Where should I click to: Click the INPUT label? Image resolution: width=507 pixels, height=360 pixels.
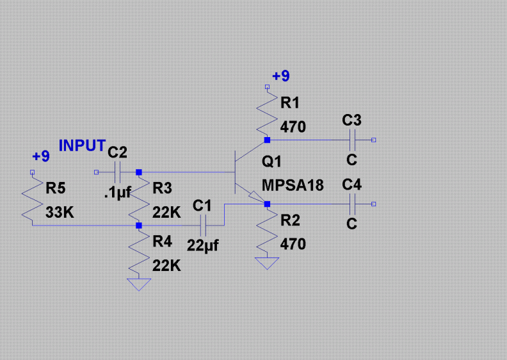click(82, 145)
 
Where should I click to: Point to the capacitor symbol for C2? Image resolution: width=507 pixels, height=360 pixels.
click(118, 172)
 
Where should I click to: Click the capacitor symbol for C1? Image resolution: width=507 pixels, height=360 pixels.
click(203, 225)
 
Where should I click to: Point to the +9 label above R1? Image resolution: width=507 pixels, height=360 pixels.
click(280, 76)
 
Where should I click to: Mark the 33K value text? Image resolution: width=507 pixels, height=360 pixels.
click(60, 213)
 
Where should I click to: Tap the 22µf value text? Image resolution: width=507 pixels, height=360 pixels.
click(203, 244)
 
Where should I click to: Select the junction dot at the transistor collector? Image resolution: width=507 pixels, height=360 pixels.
click(267, 139)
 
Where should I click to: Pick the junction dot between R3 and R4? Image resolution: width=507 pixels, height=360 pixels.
click(139, 225)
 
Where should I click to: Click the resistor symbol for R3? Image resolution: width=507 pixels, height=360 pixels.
click(139, 199)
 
